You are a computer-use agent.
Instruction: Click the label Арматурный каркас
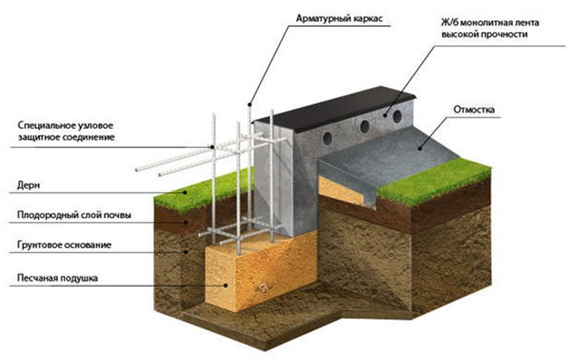tap(339, 19)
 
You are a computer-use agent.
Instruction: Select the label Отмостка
tap(474, 110)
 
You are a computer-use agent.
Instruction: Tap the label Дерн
tap(28, 185)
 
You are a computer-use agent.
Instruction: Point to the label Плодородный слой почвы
tap(74, 215)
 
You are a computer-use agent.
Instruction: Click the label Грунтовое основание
tap(64, 245)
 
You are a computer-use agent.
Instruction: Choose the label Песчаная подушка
tap(57, 278)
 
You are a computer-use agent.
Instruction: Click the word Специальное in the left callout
tap(46, 126)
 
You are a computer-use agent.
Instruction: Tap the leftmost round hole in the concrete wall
tap(328, 138)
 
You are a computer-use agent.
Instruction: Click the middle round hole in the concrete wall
tap(364, 126)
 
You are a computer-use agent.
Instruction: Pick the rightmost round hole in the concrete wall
tap(397, 116)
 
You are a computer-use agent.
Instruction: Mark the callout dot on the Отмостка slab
tap(421, 148)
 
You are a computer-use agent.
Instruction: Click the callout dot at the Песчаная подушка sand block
tap(226, 286)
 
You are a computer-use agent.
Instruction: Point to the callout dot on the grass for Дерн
tap(185, 192)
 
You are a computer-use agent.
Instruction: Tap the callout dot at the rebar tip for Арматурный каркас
tap(250, 105)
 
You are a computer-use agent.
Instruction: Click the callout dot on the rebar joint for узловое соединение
tap(213, 147)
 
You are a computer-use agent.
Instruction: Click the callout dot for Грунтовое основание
tap(185, 252)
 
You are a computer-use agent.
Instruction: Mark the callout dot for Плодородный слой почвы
tap(185, 221)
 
